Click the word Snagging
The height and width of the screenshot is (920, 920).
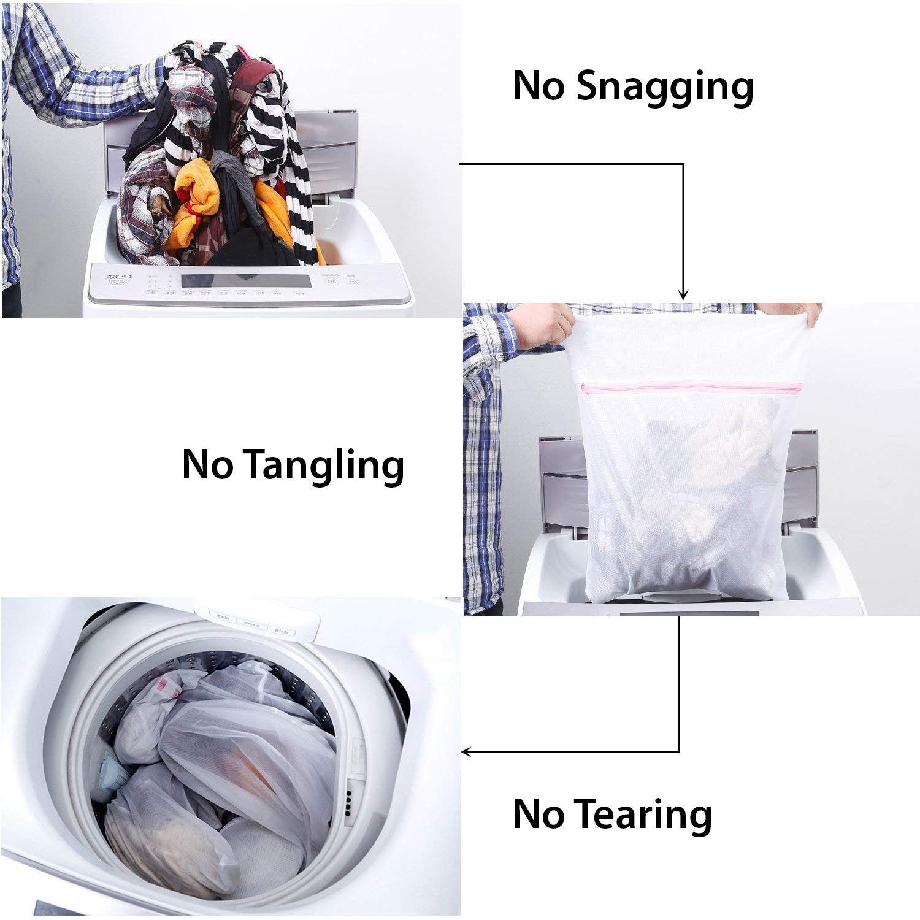point(665,86)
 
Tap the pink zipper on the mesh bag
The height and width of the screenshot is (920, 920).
point(691,387)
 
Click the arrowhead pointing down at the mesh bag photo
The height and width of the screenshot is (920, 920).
point(683,295)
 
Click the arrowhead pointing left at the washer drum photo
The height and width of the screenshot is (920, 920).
point(467,751)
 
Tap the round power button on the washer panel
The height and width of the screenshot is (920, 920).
point(352,282)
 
